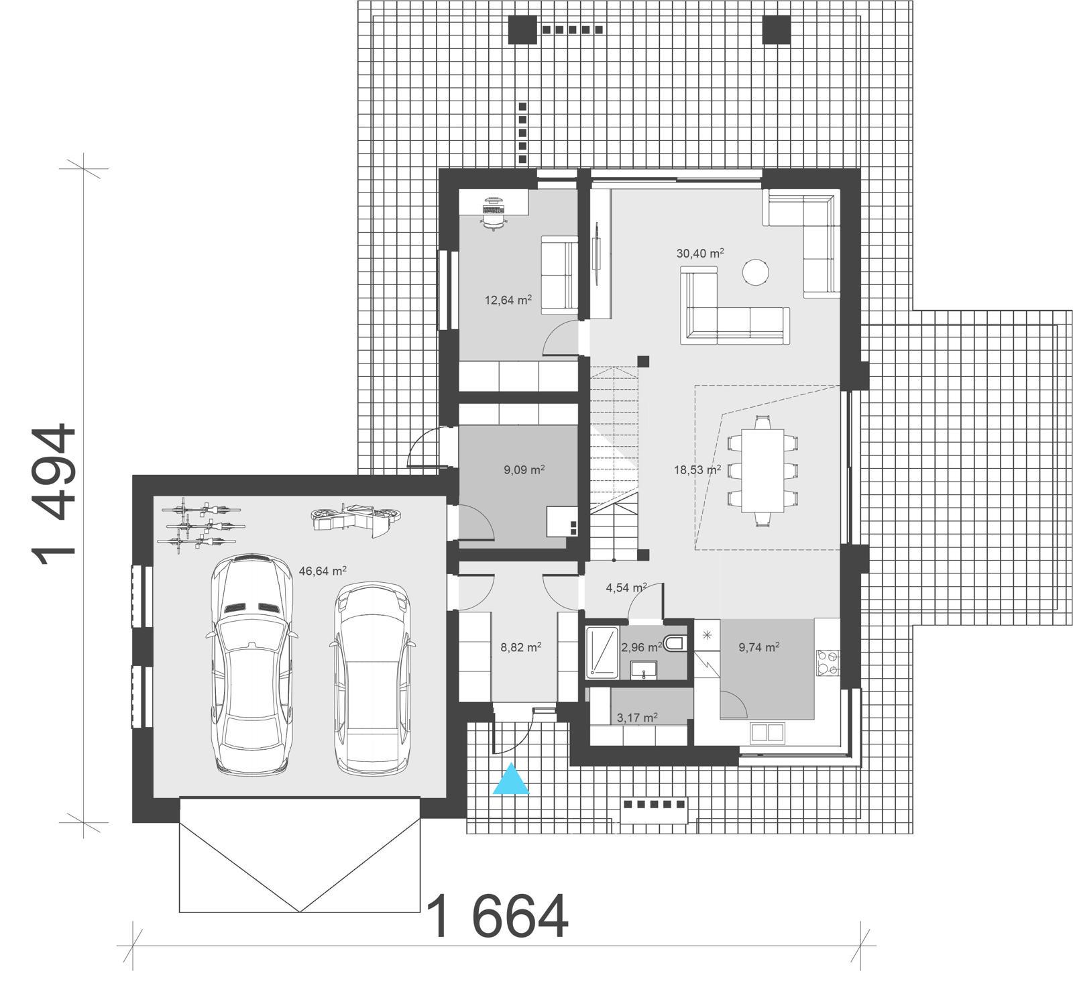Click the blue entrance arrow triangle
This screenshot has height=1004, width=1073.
pos(511,780)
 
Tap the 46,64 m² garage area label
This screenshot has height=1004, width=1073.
pos(323,571)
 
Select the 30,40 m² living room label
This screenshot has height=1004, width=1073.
pos(700,254)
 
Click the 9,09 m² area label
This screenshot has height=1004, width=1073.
pos(524,470)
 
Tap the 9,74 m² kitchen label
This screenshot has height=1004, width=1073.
pos(758,647)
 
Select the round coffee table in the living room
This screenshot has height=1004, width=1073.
pos(755,272)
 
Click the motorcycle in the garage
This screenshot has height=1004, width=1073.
pos(356,518)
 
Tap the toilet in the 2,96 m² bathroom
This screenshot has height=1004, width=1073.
pos(676,645)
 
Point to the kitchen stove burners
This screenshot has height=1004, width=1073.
pos(827,663)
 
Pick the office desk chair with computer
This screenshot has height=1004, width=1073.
pos(493,213)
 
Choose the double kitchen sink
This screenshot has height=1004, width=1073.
pos(768,732)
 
